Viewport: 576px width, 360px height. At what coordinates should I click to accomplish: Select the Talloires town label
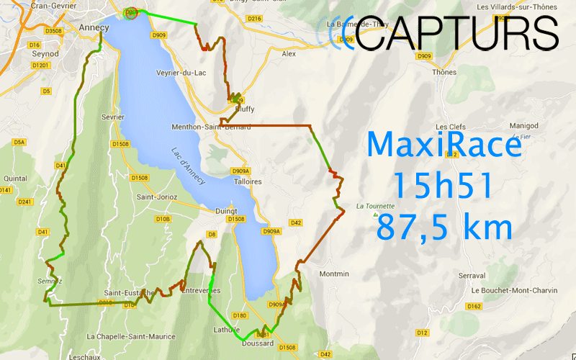click(247, 181)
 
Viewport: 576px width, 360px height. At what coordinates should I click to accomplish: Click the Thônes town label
click(444, 72)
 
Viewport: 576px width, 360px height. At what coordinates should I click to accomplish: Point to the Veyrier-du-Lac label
click(178, 73)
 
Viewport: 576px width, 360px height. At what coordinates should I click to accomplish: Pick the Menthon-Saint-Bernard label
click(211, 127)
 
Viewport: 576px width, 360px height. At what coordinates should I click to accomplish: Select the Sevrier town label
click(113, 117)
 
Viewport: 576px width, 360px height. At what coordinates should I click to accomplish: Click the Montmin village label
click(333, 274)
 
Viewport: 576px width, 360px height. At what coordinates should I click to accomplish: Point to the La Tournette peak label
click(376, 204)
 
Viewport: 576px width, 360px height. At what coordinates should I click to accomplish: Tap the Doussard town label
click(258, 343)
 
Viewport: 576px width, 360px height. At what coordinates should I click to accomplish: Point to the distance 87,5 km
click(444, 228)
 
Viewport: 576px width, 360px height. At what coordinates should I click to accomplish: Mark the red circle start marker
click(130, 13)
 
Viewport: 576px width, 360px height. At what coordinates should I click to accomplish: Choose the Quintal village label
click(16, 178)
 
